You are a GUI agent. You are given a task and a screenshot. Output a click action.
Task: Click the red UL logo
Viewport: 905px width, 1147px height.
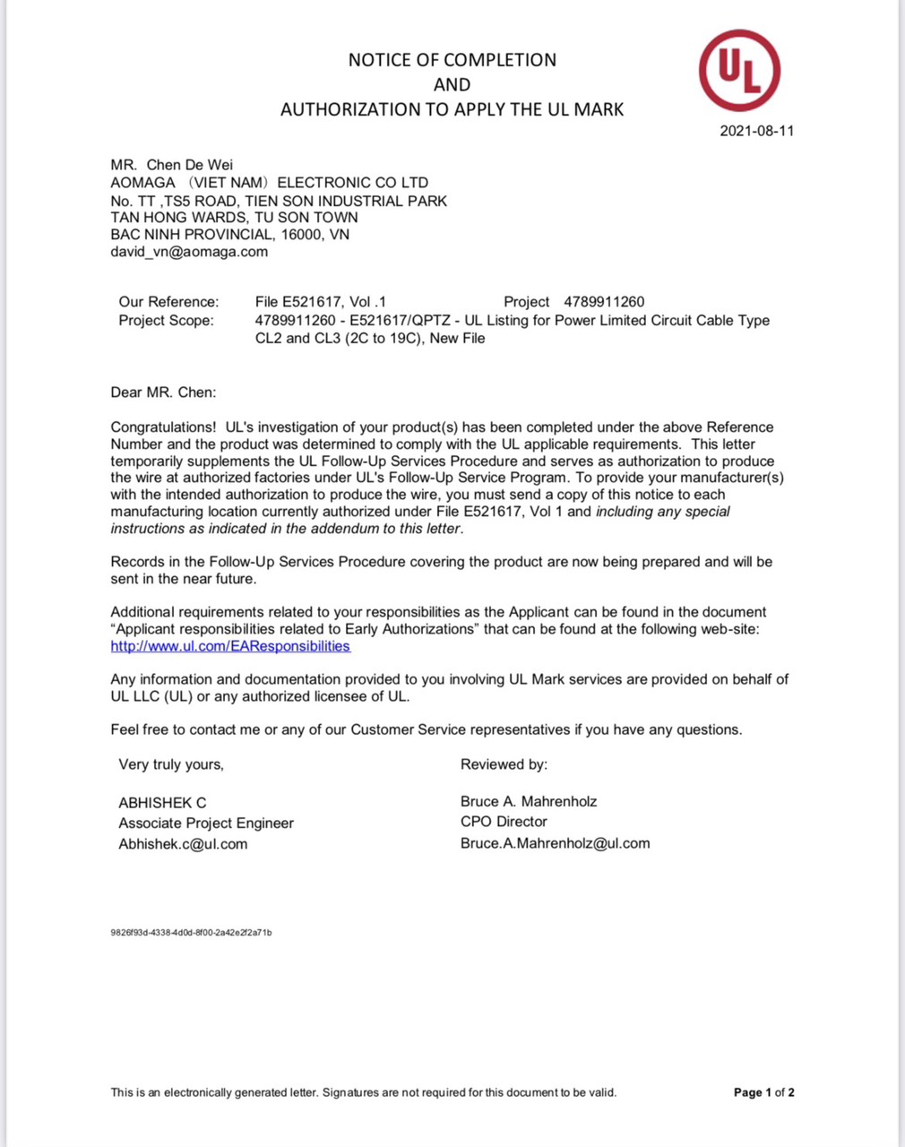point(739,71)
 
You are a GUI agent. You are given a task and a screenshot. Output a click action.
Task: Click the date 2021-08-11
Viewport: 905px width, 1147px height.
point(756,131)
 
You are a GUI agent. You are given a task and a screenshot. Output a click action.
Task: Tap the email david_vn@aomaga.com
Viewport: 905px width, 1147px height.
point(189,252)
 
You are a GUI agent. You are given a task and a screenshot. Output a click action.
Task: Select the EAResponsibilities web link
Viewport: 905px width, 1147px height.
point(230,646)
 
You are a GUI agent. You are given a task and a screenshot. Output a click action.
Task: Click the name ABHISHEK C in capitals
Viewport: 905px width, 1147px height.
point(162,803)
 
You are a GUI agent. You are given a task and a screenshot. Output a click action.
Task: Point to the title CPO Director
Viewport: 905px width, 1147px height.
point(504,822)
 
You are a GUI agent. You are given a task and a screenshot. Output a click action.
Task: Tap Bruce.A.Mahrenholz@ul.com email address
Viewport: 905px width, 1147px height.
point(555,843)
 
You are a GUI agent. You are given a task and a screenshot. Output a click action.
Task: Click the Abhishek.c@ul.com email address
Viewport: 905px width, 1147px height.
point(183,844)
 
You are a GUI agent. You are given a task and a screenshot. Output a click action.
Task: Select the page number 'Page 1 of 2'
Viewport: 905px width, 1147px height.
point(763,1092)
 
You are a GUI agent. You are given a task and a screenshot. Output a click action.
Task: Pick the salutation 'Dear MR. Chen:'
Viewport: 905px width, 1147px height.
point(163,392)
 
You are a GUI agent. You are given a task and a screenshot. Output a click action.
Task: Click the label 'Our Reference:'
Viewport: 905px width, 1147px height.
point(168,302)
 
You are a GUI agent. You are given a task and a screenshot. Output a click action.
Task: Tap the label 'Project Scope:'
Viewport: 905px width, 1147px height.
point(166,321)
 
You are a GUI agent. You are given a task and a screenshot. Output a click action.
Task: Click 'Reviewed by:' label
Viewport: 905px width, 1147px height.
point(504,764)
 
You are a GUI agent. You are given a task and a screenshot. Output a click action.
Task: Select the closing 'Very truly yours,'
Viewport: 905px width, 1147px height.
point(171,764)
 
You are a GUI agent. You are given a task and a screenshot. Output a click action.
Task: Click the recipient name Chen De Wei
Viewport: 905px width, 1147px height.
point(189,165)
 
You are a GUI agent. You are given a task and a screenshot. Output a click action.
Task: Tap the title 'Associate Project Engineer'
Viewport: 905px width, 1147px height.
point(206,824)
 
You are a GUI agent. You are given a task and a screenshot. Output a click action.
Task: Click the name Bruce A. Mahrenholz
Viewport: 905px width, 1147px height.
point(529,802)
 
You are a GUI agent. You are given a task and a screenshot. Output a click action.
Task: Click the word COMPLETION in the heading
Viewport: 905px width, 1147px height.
point(500,60)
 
